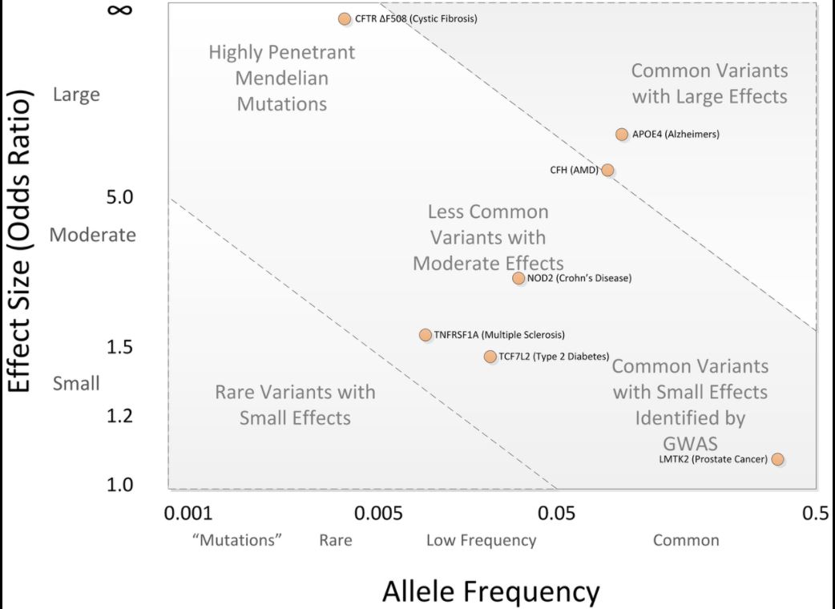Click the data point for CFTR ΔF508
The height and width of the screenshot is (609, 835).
(345, 18)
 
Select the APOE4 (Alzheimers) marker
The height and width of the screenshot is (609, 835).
(622, 134)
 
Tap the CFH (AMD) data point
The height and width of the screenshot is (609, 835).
(607, 170)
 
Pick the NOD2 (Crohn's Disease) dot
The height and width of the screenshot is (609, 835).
(518, 278)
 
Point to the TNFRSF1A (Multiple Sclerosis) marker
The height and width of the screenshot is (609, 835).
(426, 335)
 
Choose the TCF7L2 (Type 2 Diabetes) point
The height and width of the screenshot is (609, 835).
(490, 357)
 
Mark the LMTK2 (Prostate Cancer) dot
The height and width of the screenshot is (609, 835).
(777, 459)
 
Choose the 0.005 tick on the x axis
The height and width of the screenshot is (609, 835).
(378, 514)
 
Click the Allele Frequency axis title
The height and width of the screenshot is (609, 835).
(490, 591)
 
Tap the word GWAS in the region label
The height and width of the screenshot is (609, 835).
(690, 444)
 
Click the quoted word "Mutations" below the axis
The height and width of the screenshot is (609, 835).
(238, 540)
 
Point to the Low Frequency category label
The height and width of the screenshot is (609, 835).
(481, 540)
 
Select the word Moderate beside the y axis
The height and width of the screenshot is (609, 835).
(93, 236)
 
